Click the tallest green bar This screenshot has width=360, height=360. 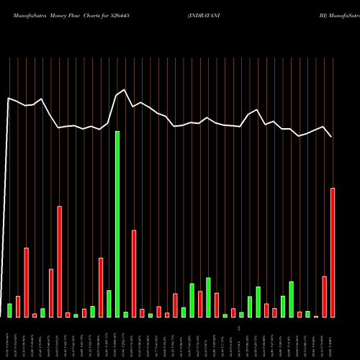click(117, 224)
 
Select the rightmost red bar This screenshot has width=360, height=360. click(333, 252)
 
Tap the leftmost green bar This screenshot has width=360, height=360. click(9, 310)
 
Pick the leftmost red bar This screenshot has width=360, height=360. click(18, 306)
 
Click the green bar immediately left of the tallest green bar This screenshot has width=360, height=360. click(109, 303)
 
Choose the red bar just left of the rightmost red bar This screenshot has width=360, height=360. click(325, 296)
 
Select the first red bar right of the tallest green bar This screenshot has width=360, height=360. click(134, 274)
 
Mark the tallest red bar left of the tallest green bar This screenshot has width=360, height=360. click(60, 261)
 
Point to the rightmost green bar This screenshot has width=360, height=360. click(307, 313)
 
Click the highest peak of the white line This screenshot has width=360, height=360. click(125, 89)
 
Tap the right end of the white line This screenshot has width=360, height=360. click(332, 137)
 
